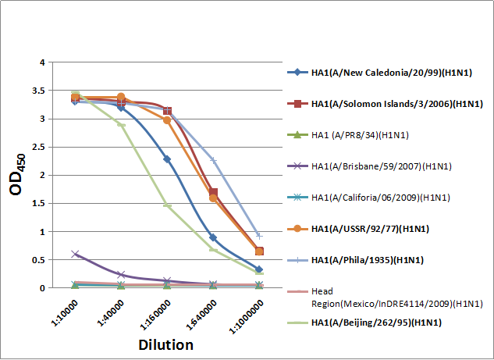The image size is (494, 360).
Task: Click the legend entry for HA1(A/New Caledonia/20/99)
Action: pos(382,73)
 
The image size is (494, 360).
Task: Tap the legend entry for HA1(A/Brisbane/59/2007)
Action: pos(374,166)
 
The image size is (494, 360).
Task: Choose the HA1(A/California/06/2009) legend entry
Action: pos(375,197)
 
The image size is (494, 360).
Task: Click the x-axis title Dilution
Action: pos(166,344)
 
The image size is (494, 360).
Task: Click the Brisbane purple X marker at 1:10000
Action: pos(75,254)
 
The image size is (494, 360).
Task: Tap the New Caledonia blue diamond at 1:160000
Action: pos(167,159)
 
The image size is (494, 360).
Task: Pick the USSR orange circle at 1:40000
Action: pos(121,97)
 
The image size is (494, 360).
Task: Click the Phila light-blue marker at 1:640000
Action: pos(213,160)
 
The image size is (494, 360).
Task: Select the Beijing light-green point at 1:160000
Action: pos(167,205)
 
